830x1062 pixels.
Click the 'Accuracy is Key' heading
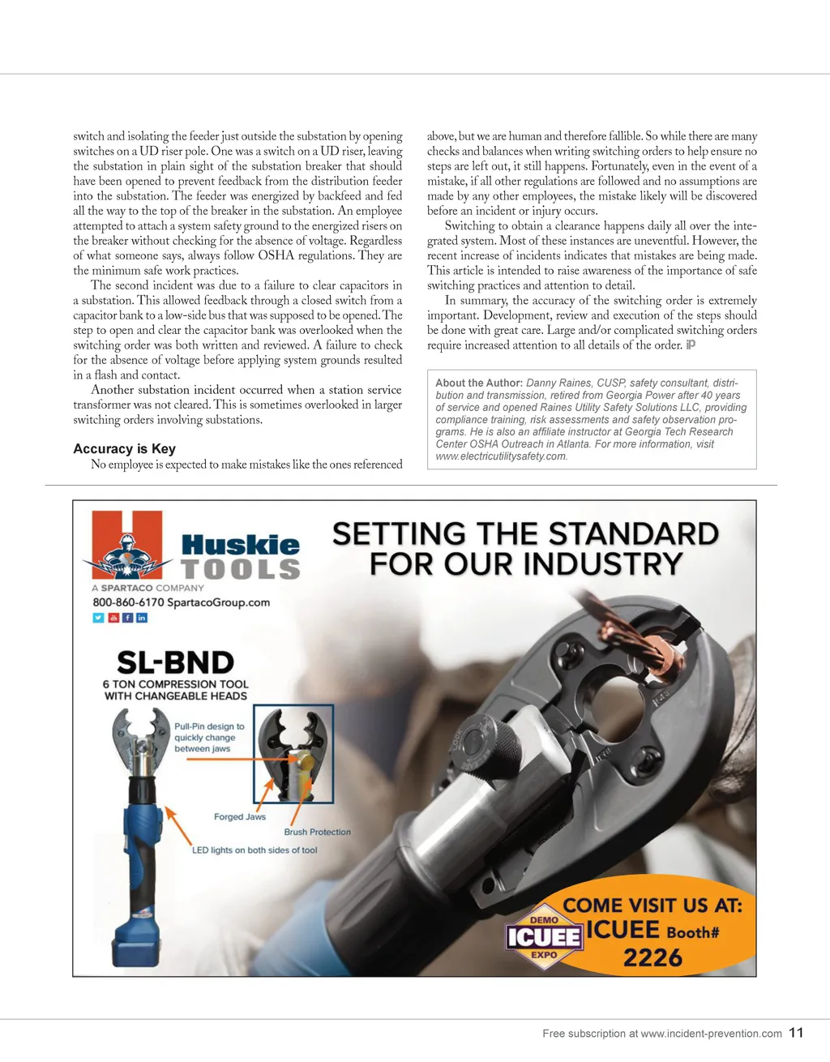(124, 448)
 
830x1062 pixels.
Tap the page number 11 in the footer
(796, 1032)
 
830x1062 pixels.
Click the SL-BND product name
(175, 662)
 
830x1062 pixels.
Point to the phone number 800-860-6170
(128, 602)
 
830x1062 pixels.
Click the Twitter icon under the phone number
(98, 618)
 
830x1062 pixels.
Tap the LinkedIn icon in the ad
(142, 618)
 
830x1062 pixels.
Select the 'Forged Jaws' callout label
(240, 816)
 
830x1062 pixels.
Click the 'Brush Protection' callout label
(317, 832)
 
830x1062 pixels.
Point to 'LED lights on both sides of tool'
(255, 850)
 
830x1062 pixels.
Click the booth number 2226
(652, 957)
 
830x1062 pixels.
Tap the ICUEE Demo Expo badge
(544, 937)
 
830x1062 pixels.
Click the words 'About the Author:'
(478, 383)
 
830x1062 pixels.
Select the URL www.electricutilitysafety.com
(501, 456)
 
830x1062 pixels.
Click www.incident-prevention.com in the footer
(711, 1034)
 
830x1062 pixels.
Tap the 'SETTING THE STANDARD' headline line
(525, 534)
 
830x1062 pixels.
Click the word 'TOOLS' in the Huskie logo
(241, 569)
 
